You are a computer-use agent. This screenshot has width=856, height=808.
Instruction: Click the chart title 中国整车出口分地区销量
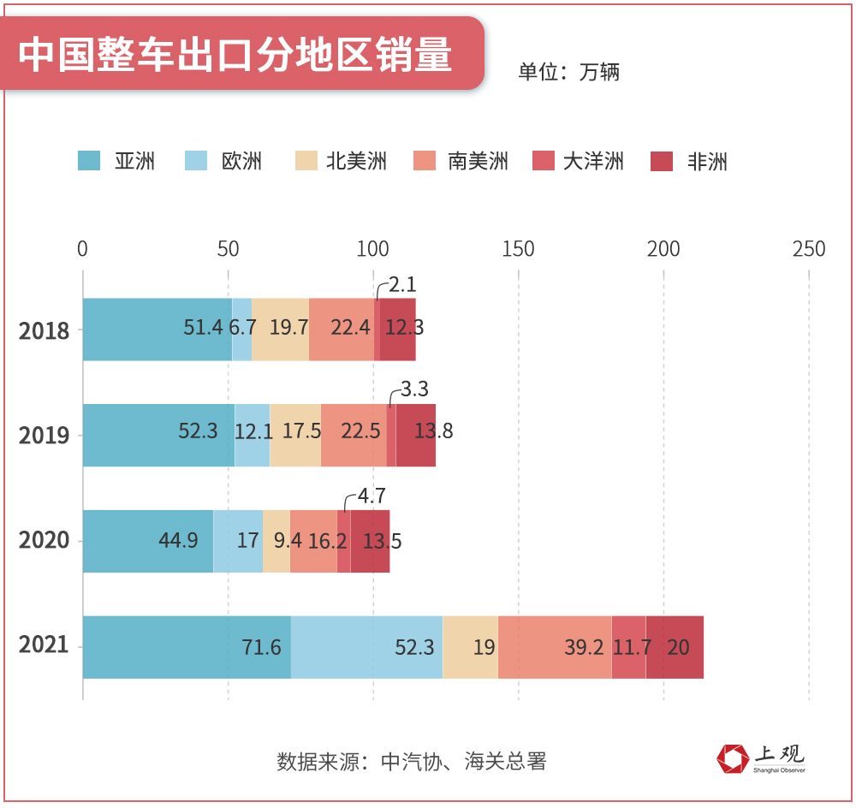(235, 54)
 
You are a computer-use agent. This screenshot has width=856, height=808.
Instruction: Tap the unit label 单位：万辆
(568, 72)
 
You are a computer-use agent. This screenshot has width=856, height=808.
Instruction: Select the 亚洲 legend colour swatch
(89, 161)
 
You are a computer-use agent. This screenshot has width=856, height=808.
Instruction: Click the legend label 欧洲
(241, 161)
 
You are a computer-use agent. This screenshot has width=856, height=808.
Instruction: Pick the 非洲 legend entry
(706, 161)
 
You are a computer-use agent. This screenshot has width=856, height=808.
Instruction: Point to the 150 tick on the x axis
(519, 249)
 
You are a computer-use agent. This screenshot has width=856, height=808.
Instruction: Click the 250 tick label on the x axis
(809, 249)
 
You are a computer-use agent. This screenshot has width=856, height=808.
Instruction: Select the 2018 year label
(45, 330)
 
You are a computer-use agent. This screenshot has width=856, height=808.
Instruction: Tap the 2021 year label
(45, 645)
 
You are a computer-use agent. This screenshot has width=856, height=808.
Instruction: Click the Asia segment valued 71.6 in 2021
(187, 647)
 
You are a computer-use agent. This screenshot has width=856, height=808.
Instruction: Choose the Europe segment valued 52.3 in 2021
(366, 647)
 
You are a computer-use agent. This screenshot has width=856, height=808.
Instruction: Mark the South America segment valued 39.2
(555, 647)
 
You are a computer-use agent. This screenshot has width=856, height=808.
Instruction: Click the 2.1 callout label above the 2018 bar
(402, 285)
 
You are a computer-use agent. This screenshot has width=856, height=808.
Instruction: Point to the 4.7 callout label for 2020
(371, 496)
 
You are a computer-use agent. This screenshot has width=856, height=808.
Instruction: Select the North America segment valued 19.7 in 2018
(280, 330)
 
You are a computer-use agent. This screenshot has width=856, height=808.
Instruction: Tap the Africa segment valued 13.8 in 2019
(416, 435)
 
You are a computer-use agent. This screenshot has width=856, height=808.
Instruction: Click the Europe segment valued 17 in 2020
(238, 541)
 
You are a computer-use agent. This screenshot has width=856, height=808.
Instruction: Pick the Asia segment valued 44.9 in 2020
(147, 541)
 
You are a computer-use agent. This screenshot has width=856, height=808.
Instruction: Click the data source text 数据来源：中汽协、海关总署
(412, 761)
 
